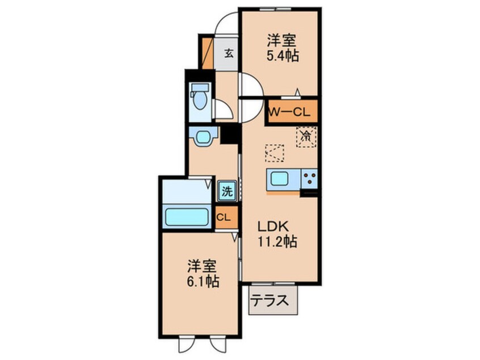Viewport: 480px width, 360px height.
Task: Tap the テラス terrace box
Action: pos(273,300)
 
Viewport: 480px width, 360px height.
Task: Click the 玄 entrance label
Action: pos(228,54)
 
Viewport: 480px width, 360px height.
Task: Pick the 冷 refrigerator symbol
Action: pos(305,136)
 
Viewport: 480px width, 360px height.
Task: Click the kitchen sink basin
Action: pos(280,179)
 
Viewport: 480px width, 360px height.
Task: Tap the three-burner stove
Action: pos(309,179)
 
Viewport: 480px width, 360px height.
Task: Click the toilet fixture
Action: pos(199,99)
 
